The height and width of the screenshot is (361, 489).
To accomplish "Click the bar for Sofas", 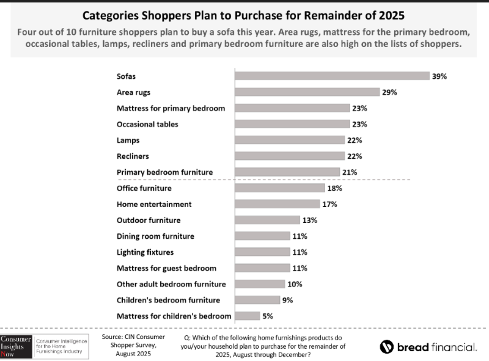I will pyautogui.click(x=332, y=76).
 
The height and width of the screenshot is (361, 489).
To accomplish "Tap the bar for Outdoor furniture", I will pyautogui.click(x=267, y=220).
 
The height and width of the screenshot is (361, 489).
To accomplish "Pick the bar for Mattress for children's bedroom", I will pyautogui.click(x=247, y=316).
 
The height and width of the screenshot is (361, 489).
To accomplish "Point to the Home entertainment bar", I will pyautogui.click(x=278, y=204).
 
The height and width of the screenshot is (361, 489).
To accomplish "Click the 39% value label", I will pyautogui.click(x=440, y=76).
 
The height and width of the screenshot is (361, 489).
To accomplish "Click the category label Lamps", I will pyautogui.click(x=128, y=140).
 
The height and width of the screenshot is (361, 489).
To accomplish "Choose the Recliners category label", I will pyautogui.click(x=133, y=156).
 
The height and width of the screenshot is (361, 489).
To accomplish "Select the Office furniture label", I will pyautogui.click(x=145, y=188).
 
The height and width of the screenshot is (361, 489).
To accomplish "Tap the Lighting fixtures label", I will pyautogui.click(x=145, y=252).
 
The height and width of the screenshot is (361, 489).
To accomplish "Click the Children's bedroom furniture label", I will pyautogui.click(x=168, y=300).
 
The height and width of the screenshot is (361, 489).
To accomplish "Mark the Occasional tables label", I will pyautogui.click(x=147, y=124).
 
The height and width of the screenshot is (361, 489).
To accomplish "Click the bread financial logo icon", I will pyautogui.click(x=386, y=347).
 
